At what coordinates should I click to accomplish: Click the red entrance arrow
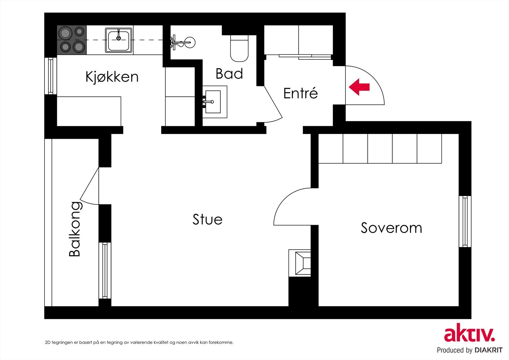coord(359,87)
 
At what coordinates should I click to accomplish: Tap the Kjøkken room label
coord(112,77)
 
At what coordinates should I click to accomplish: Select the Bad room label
coord(229,74)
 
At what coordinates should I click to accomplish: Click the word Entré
coord(300,93)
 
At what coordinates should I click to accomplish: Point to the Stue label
coord(207,219)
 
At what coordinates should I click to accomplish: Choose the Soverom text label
coord(391,228)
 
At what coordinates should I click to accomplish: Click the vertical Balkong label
coord(75,229)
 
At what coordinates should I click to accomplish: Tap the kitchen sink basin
coord(119,40)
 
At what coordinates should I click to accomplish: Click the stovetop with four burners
coord(72,40)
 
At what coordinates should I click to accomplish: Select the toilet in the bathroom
coord(239,48)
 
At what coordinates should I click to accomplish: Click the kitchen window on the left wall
coord(51,76)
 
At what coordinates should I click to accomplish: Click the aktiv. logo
coord(469,334)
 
